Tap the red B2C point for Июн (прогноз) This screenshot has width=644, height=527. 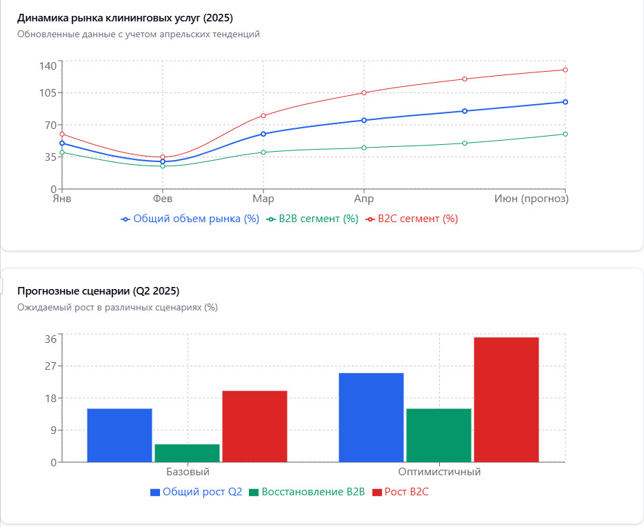click(x=565, y=70)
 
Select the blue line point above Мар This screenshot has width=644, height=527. click(x=263, y=134)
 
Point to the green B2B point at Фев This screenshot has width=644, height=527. click(x=163, y=166)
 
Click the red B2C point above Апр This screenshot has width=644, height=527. click(x=364, y=92)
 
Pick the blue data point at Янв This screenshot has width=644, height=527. click(x=62, y=143)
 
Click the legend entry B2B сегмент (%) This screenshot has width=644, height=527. click(x=313, y=219)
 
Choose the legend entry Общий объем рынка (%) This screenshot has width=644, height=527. click(x=190, y=219)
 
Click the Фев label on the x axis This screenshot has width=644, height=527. click(x=163, y=199)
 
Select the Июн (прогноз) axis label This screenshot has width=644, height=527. click(x=532, y=199)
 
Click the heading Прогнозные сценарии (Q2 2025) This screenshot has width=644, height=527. click(x=99, y=290)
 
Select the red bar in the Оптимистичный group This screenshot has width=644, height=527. click(x=506, y=399)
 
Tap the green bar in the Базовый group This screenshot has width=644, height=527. click(x=187, y=453)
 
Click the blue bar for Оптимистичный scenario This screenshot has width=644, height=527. click(x=371, y=417)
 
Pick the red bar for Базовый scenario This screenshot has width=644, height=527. click(x=254, y=426)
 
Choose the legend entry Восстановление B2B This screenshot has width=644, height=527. click(x=307, y=492)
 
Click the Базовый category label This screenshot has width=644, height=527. click(x=188, y=473)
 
